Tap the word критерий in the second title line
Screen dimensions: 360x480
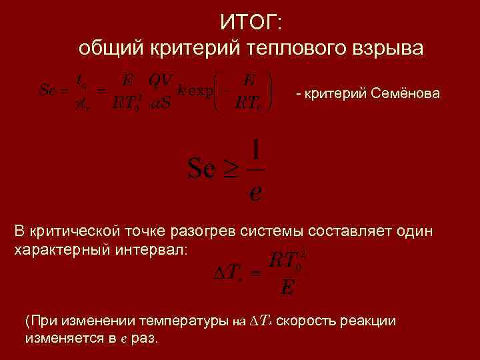click(x=188, y=49)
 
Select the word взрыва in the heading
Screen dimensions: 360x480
click(x=388, y=49)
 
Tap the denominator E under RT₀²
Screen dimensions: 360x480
click(x=288, y=287)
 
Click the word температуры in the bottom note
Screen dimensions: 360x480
click(x=179, y=321)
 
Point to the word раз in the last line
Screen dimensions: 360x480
click(x=144, y=338)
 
